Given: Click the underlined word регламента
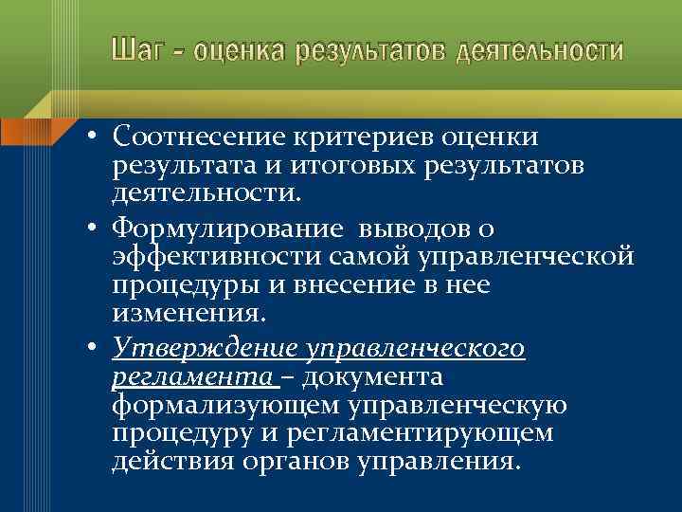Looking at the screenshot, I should click(192, 377).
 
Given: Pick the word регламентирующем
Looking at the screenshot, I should click(440, 433).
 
